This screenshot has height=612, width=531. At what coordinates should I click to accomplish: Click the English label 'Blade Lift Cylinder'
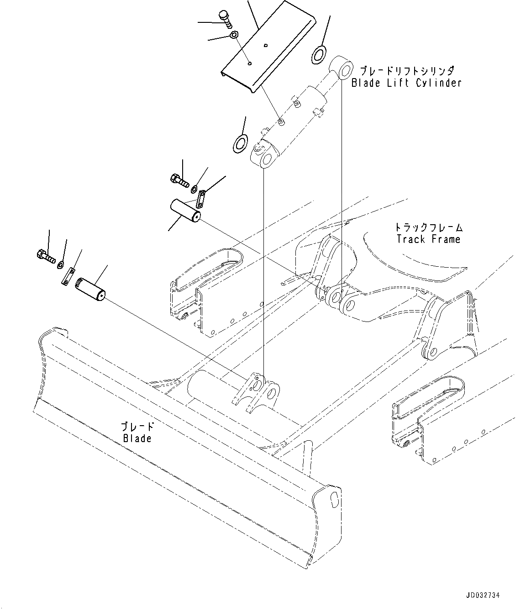pyautogui.click(x=406, y=83)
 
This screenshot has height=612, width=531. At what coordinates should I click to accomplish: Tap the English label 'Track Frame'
pyautogui.click(x=428, y=239)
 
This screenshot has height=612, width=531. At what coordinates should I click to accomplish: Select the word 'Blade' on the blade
pyautogui.click(x=137, y=438)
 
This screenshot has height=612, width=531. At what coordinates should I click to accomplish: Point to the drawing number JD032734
pyautogui.click(x=483, y=596)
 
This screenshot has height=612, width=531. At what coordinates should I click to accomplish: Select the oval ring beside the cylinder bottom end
pyautogui.click(x=240, y=143)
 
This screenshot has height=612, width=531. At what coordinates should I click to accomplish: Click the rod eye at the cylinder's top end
pyautogui.click(x=342, y=67)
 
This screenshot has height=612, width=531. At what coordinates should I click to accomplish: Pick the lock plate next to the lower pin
pyautogui.click(x=68, y=277)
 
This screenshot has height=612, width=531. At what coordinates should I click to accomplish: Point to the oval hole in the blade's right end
pyautogui.click(x=334, y=496)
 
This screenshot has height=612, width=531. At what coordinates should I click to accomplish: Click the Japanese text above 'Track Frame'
pyautogui.click(x=428, y=227)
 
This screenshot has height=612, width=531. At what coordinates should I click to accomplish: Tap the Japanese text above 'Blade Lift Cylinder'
pyautogui.click(x=406, y=71)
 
